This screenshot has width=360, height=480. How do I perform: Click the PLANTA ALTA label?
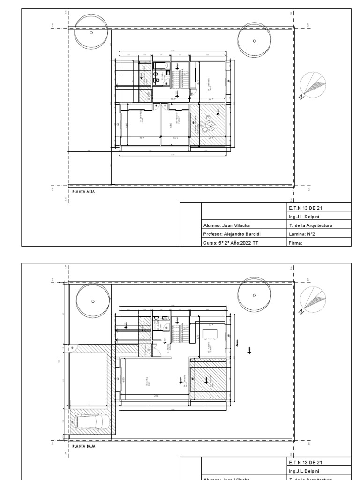83,191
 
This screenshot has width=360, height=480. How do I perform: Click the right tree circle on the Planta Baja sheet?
255,295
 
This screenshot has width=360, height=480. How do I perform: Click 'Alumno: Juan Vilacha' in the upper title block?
223,225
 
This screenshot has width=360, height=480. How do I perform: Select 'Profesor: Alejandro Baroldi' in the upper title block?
228,234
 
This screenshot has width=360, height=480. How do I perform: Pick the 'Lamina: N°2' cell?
304,234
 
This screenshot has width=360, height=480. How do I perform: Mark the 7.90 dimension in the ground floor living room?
156,396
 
